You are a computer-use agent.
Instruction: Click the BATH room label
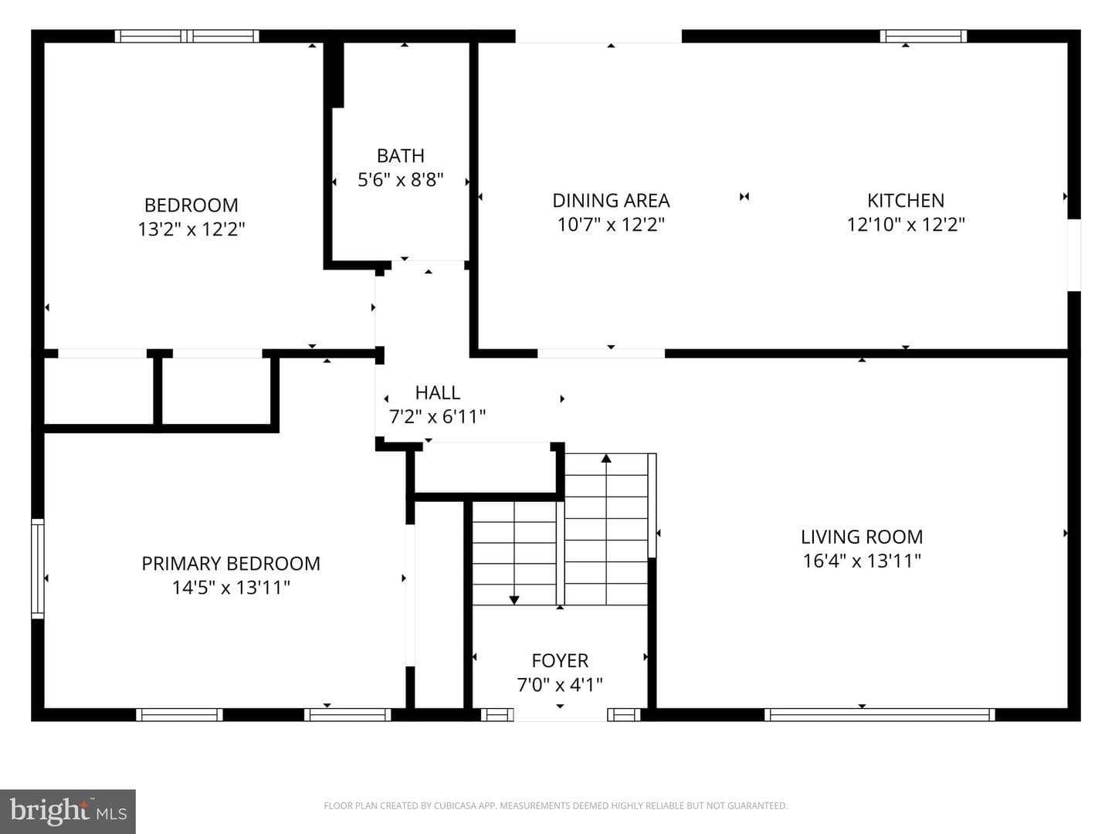[400, 155]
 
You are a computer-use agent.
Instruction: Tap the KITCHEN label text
[906, 201]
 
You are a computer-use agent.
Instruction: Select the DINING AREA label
[611, 201]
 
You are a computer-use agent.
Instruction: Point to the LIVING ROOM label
[862, 537]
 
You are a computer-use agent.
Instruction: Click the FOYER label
[560, 661]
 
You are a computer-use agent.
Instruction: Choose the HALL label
[438, 392]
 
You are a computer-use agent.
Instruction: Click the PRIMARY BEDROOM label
[231, 564]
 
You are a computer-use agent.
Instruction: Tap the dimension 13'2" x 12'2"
[192, 229]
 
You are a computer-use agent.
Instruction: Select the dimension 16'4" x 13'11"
[862, 561]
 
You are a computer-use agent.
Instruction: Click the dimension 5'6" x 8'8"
[400, 180]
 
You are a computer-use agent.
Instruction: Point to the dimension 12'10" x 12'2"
[906, 224]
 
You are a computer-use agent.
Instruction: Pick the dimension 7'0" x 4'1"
[560, 685]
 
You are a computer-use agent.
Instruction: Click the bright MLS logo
[68, 812]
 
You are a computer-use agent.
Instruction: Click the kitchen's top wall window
[924, 36]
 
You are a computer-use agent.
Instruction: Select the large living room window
[880, 714]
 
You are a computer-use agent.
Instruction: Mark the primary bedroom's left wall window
[38, 568]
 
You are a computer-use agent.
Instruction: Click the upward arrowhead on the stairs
[606, 458]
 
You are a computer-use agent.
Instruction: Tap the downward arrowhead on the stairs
[514, 600]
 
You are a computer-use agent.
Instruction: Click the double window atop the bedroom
[187, 36]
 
